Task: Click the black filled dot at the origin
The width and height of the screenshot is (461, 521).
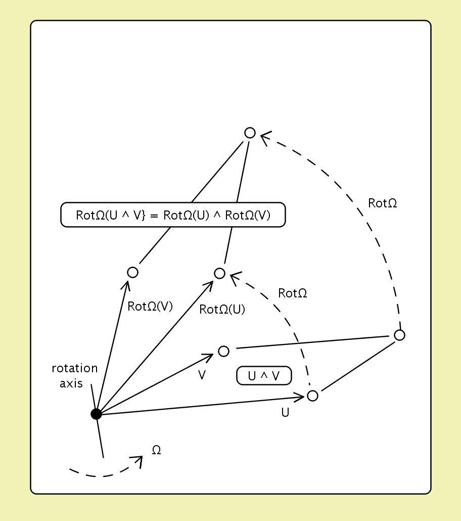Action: (x=96, y=414)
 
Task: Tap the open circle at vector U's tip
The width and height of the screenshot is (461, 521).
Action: (x=312, y=396)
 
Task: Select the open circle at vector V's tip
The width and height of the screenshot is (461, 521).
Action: (x=223, y=351)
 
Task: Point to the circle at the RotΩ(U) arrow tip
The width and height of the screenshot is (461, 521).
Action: (x=219, y=273)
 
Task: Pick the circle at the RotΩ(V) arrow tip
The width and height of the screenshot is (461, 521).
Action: (x=132, y=272)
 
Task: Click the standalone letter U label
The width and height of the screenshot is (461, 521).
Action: (x=285, y=413)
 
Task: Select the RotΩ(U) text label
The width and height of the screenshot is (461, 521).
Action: (x=222, y=310)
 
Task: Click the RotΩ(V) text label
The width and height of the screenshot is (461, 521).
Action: (x=150, y=306)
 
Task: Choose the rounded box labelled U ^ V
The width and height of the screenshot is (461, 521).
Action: (x=264, y=375)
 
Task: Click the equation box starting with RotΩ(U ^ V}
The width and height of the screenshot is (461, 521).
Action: (x=173, y=215)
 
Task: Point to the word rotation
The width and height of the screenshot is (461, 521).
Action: (x=75, y=368)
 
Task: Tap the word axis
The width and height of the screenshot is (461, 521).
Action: (x=71, y=383)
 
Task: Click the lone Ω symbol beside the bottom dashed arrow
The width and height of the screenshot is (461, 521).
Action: (x=156, y=450)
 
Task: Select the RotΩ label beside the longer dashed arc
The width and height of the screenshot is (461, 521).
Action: (x=383, y=203)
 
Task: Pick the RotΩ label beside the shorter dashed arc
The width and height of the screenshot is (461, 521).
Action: (x=293, y=293)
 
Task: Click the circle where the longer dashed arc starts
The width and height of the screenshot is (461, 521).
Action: (x=399, y=335)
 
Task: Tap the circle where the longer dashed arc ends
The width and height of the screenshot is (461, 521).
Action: (x=250, y=133)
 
